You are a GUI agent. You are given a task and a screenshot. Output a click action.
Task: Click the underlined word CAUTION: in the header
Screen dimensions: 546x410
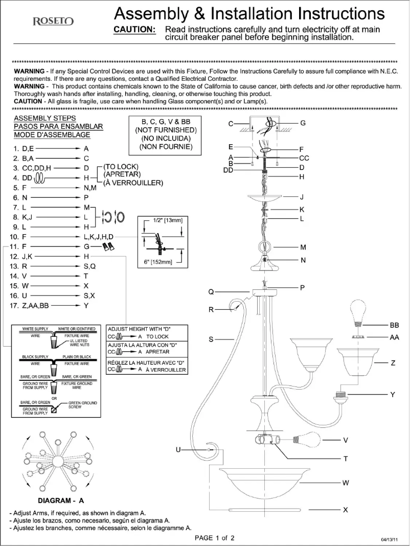pyautogui.click(x=134, y=30)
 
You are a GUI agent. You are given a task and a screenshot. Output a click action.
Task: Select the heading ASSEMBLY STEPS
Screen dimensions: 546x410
pyautogui.click(x=45, y=118)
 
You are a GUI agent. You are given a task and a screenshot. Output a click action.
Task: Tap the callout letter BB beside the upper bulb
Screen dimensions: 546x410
pyautogui.click(x=394, y=325)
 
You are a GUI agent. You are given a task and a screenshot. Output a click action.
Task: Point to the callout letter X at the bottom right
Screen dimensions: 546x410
pyautogui.click(x=345, y=510)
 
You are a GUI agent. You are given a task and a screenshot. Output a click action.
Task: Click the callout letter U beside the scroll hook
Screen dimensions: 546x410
pyautogui.click(x=178, y=449)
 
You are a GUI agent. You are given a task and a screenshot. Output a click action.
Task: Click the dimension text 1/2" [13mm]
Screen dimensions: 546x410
pyautogui.click(x=168, y=220)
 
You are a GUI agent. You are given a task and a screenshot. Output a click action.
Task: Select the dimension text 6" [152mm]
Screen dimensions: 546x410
pyautogui.click(x=155, y=263)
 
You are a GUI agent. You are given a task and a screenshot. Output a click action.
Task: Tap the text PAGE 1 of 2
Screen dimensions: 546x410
pyautogui.click(x=215, y=537)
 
